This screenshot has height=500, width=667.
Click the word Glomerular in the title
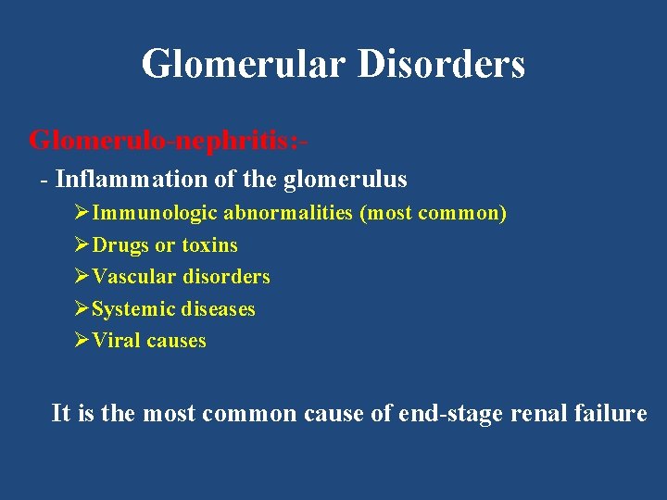coord(242,65)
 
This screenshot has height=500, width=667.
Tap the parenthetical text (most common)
coord(433,213)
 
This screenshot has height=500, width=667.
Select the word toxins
coord(209,245)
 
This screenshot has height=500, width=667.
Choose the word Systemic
coord(135,309)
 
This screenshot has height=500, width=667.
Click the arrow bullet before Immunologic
coord(82,213)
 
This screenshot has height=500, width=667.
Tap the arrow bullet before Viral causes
coord(82,341)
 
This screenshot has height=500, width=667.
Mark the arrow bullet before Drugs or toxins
coord(82,245)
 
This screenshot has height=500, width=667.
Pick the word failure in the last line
coord(609,413)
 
